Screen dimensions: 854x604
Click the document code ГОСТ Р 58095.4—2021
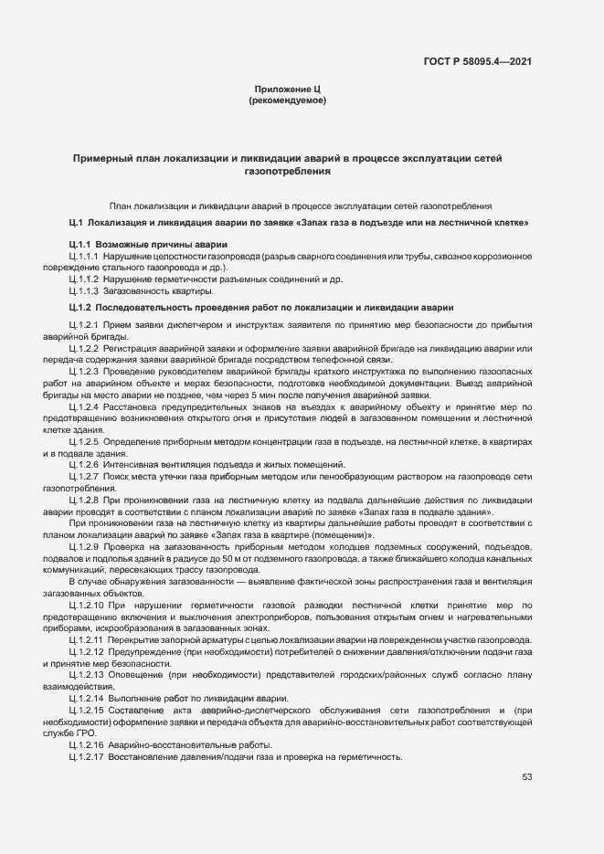click(478, 61)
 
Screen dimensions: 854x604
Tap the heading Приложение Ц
click(288, 89)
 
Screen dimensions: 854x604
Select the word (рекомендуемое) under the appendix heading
click(288, 100)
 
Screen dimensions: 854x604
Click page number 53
click(527, 777)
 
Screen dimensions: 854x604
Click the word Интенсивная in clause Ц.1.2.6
click(130, 465)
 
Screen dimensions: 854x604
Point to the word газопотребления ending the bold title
click(288, 171)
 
